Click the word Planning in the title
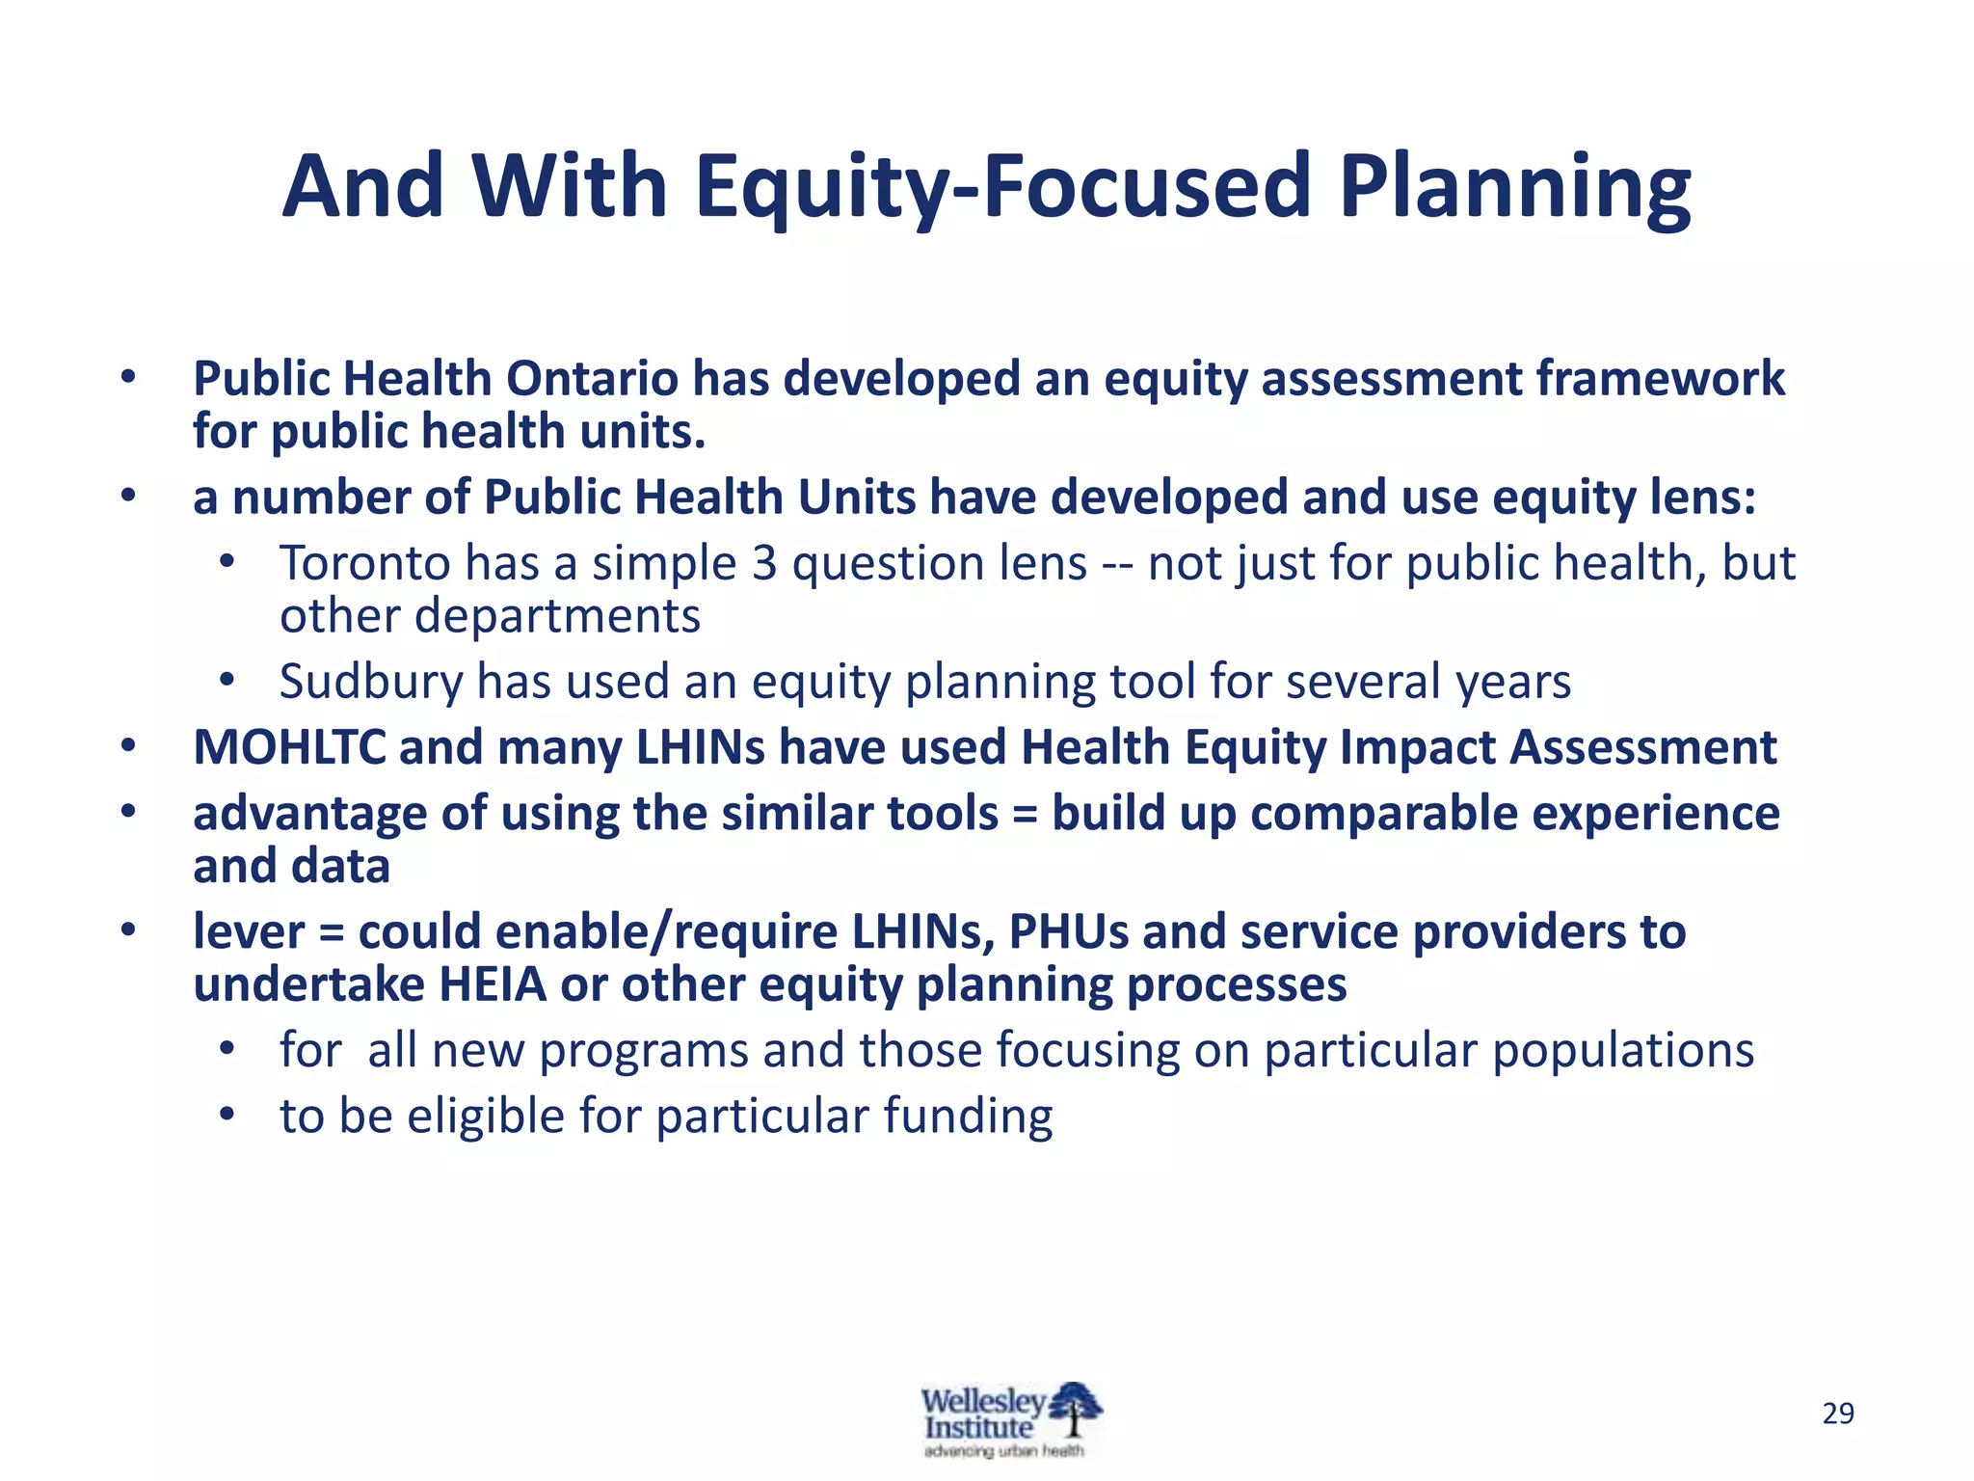[1514, 188]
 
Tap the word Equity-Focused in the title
[1002, 188]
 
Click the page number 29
[1838, 1414]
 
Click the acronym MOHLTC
[289, 747]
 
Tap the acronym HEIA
[492, 985]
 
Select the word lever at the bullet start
[248, 932]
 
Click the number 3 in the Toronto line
[764, 563]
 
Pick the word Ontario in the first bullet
[592, 379]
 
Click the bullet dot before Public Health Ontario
[128, 378]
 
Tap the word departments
[556, 616]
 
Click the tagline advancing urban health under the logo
[1003, 1451]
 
